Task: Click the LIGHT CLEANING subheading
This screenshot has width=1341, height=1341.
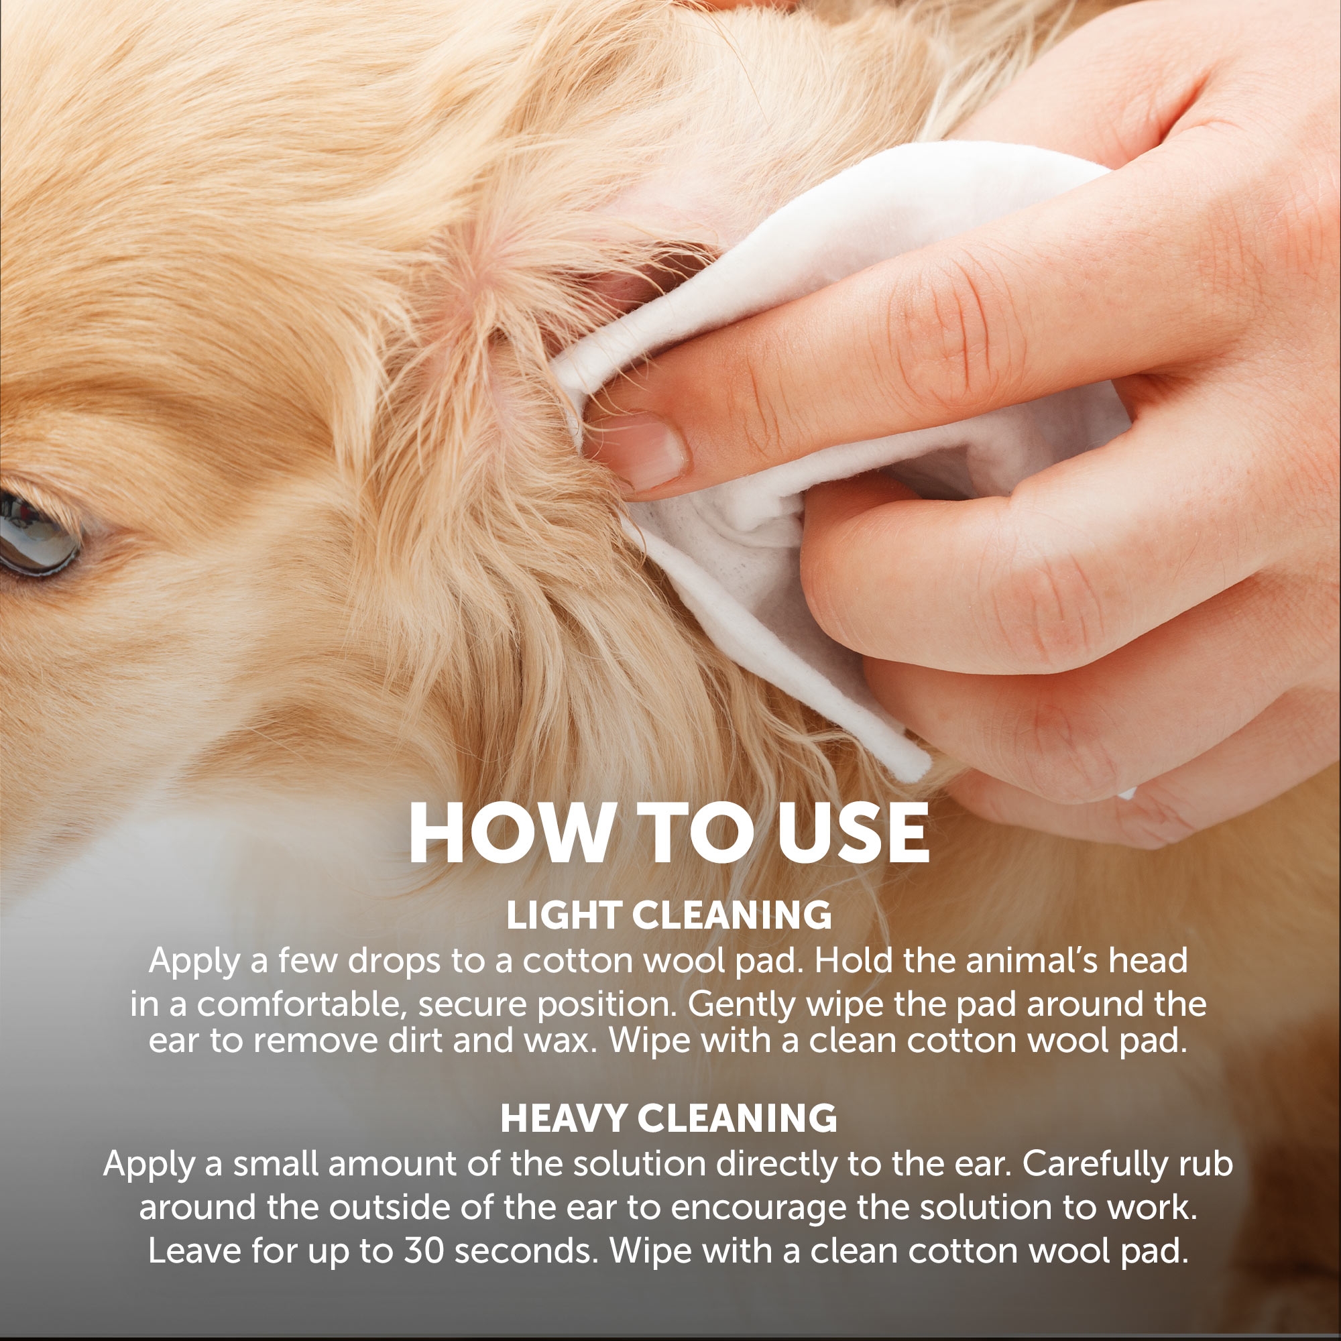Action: [669, 915]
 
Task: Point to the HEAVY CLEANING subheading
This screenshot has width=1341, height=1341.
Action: [669, 1118]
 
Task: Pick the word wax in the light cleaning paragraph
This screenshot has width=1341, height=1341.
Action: [556, 1041]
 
